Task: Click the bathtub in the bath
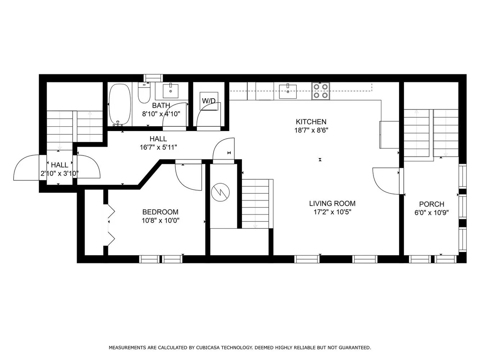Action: coord(120,105)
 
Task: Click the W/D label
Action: coord(209,101)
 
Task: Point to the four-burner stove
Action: coord(320,91)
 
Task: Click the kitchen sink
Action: coord(288,91)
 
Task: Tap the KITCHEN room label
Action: coord(311,122)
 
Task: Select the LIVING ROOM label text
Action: coord(332,203)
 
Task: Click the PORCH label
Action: coord(431,204)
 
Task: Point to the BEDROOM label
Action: coord(160,212)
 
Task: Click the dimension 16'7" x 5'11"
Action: coord(158,147)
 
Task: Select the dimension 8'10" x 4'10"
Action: coord(161,114)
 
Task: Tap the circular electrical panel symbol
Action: coord(220,192)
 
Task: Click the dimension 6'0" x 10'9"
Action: coord(432,213)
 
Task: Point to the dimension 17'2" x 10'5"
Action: coord(332,212)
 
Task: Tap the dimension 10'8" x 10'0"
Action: coord(161,221)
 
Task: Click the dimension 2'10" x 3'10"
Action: coord(59,174)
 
